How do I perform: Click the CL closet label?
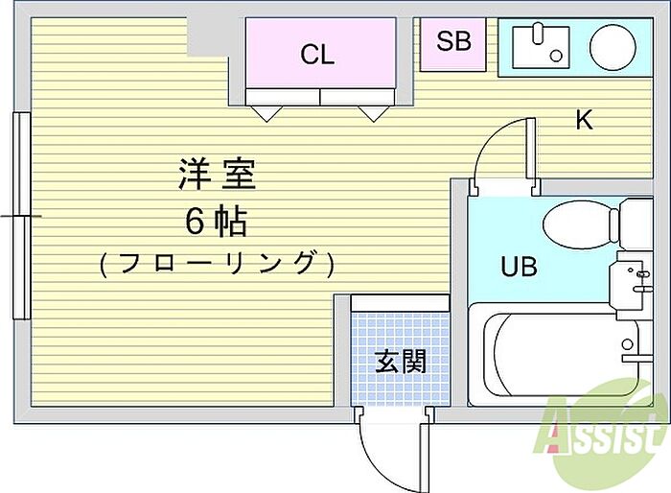coord(317,54)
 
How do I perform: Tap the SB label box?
coord(453,44)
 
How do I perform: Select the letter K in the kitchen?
coord(584,120)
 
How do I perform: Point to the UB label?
coord(519,266)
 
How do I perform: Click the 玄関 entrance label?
coord(401,361)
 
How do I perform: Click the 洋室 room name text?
coord(218,174)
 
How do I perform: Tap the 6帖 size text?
coord(217,222)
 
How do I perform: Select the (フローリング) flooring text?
coord(217,264)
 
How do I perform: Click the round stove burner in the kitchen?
coord(613,47)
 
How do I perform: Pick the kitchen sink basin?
coord(541,47)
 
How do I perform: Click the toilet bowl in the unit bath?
coord(578,224)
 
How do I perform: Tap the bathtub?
coord(560,355)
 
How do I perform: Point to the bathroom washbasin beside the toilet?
coord(630,285)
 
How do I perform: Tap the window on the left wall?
coord(21,216)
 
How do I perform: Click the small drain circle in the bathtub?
coord(627,344)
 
